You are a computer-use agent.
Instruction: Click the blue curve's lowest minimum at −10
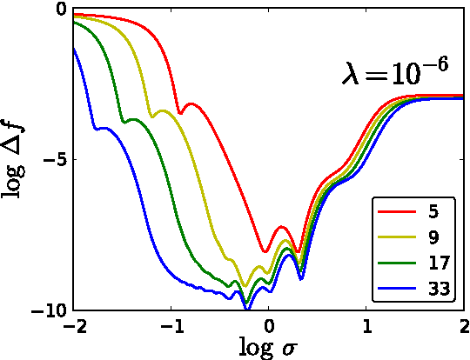[246, 309]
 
